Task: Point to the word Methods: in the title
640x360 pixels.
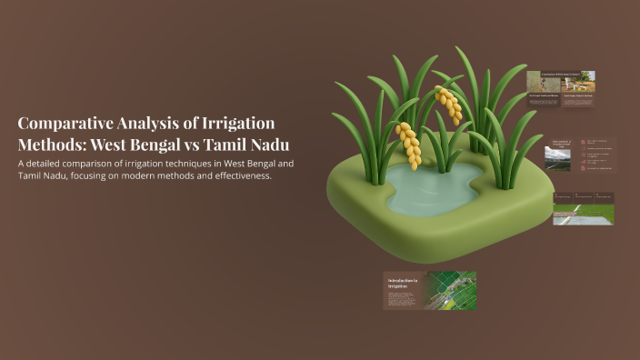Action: (51, 145)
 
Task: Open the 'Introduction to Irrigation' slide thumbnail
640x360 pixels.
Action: (401, 290)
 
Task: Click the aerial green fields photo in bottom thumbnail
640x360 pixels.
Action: (452, 290)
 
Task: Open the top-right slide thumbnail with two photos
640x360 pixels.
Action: (561, 89)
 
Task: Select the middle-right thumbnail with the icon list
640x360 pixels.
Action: (581, 155)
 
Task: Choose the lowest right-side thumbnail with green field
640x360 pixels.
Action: (583, 208)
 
